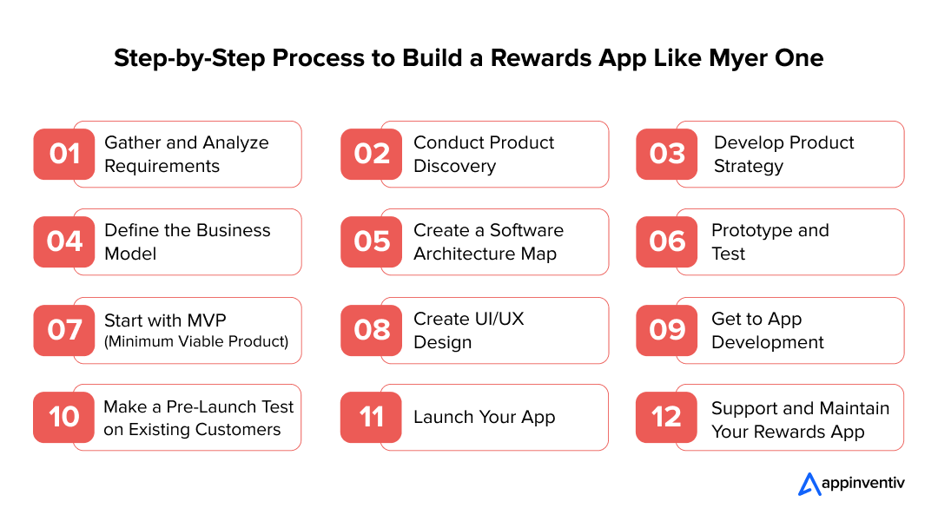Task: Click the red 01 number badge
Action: coord(64,155)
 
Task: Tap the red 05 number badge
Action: coord(372,241)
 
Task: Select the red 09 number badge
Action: coord(667,330)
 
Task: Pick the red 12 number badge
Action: coord(666,417)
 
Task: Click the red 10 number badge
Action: coord(64,417)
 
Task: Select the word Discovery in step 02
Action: coord(454,166)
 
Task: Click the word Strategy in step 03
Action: coord(749,166)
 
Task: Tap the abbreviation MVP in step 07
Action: coord(207,320)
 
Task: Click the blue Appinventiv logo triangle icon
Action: coord(809,485)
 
